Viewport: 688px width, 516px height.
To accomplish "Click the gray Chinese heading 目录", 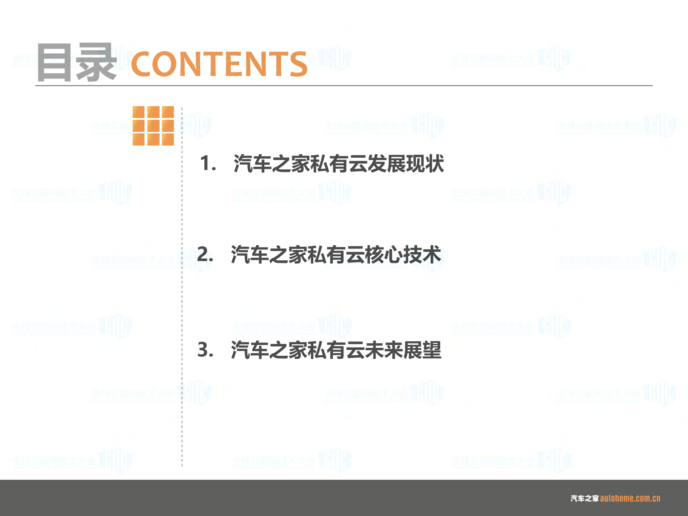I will (76, 62).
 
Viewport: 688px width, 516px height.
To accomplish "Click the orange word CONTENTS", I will (219, 64).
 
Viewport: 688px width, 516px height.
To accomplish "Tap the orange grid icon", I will (153, 126).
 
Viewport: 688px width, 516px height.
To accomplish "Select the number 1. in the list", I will (208, 164).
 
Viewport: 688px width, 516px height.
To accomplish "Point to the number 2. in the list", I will (205, 254).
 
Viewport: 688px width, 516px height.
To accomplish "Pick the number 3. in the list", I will (205, 350).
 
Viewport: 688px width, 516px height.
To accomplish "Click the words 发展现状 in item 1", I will (406, 164).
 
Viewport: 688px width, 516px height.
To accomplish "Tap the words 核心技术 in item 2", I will (403, 255).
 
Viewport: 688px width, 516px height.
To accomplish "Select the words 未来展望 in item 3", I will (403, 350).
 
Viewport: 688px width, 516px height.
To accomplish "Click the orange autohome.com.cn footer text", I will (630, 498).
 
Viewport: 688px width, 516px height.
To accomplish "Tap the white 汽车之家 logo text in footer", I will (584, 498).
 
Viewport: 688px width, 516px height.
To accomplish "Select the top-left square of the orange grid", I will (138, 112).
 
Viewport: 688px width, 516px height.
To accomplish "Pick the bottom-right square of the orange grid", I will (168, 139).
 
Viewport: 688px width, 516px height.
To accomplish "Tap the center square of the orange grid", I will (153, 126).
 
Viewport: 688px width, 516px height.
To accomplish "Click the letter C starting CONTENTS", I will (142, 64).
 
